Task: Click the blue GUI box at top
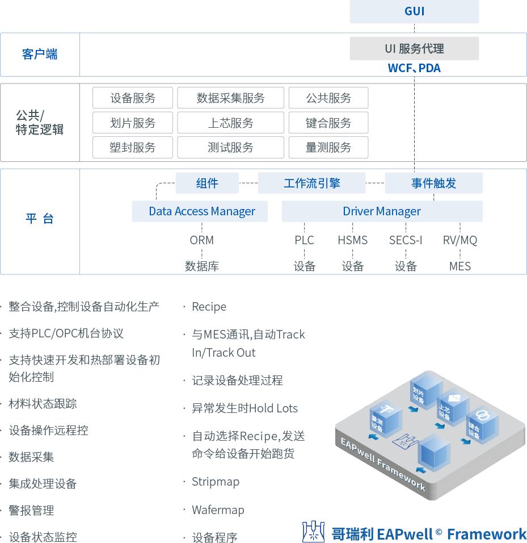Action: (414, 12)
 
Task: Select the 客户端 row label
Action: (40, 55)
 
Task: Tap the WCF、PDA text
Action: (414, 68)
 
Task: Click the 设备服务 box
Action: (133, 98)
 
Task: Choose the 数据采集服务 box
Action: (230, 98)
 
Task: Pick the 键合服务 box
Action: (328, 123)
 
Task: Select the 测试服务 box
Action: (230, 148)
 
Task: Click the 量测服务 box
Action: (328, 148)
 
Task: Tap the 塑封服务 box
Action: (133, 148)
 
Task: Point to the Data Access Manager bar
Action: (201, 211)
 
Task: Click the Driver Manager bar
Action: (382, 211)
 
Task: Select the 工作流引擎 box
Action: (311, 183)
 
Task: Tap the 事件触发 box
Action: (433, 183)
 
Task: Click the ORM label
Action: (202, 240)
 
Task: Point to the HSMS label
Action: (353, 240)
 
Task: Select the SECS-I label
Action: (406, 240)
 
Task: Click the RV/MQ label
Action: (460, 240)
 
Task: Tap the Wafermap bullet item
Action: (218, 509)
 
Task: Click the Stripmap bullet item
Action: (216, 482)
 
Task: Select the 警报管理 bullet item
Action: (31, 510)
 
